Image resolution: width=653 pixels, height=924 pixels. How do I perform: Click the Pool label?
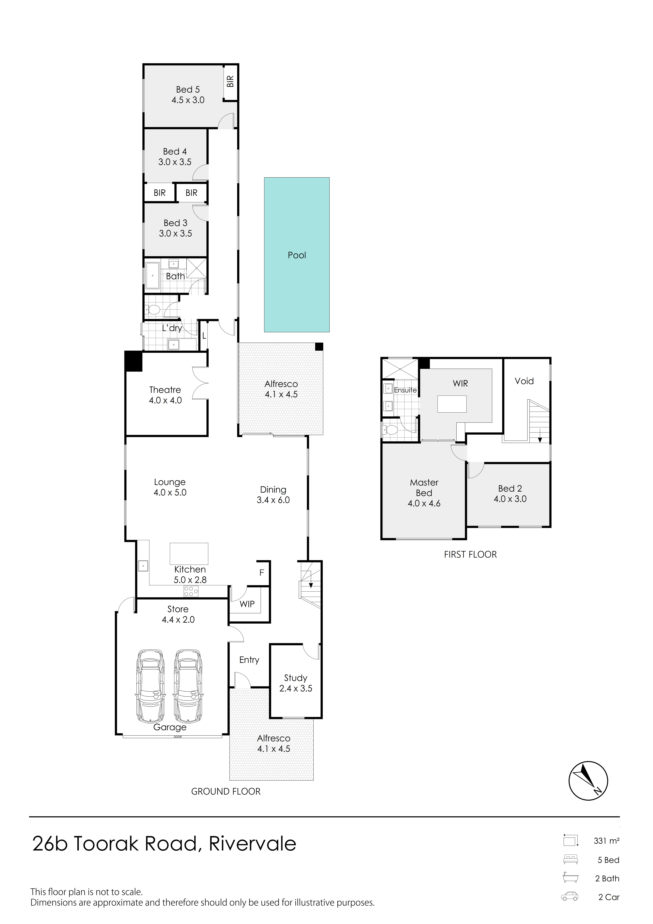(297, 255)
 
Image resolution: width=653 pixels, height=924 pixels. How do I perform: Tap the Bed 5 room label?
(188, 89)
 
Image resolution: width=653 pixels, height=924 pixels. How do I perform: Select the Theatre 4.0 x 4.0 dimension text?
(165, 400)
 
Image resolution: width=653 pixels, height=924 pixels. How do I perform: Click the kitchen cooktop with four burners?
(191, 591)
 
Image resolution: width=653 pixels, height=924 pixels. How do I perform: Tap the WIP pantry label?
(247, 604)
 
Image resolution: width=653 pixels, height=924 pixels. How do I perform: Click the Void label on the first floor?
(524, 381)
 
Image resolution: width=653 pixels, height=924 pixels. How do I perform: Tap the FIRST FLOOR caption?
(470, 555)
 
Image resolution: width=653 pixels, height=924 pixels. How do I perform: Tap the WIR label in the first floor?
(460, 383)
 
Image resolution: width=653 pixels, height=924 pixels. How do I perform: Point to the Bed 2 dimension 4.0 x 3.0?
(510, 499)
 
